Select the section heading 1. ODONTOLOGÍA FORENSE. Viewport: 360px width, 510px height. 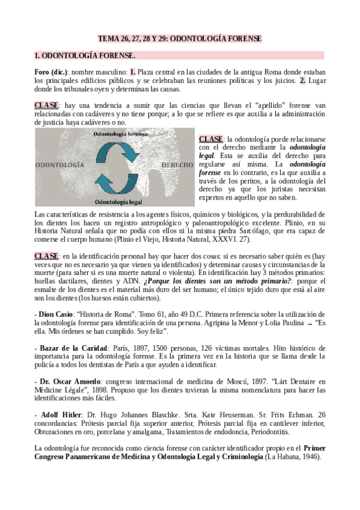point(85,56)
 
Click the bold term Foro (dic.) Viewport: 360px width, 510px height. point(51,72)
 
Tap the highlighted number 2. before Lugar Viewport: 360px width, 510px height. point(303,80)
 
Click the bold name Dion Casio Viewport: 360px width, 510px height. point(55,315)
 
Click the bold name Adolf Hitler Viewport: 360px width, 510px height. point(59,416)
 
